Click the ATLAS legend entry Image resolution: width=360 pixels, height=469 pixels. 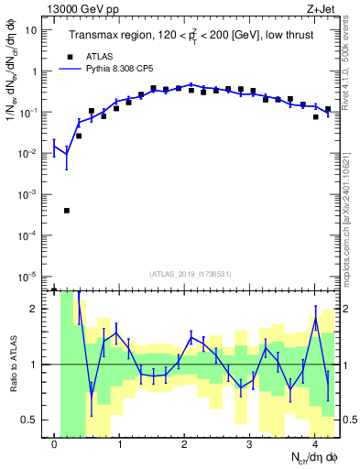pyautogui.click(x=97, y=56)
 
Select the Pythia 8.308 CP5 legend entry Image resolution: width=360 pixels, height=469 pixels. pyautogui.click(x=115, y=68)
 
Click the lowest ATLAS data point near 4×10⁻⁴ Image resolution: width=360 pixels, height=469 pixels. pyautogui.click(x=67, y=211)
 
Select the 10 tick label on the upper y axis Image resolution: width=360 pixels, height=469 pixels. pyautogui.click(x=31, y=29)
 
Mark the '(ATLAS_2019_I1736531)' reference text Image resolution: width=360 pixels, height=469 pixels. pyautogui.click(x=191, y=274)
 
